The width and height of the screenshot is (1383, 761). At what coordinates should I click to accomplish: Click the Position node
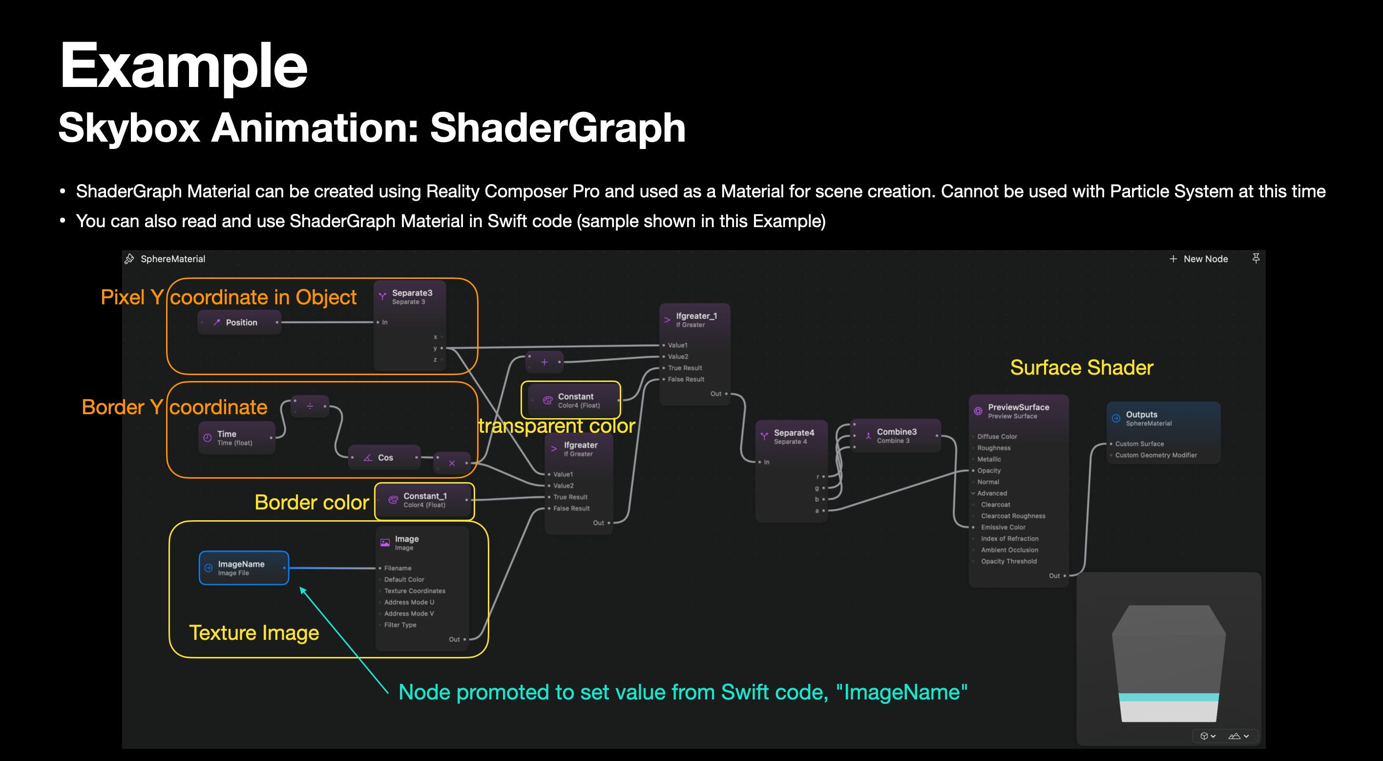[x=239, y=322]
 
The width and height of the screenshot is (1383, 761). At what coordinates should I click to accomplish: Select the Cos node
[x=384, y=458]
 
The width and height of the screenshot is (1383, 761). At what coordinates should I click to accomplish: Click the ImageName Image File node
[x=243, y=568]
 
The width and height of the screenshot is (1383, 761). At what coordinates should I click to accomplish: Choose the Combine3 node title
[x=896, y=432]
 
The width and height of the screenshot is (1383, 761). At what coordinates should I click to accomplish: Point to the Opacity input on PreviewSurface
[x=988, y=470]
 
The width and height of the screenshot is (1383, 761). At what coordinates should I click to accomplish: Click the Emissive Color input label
[x=1003, y=528]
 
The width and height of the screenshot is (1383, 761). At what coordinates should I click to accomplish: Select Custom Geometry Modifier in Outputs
[x=1155, y=455]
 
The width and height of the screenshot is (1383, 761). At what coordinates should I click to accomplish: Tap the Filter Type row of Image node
[x=400, y=625]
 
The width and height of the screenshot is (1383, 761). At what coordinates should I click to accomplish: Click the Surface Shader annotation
[x=1081, y=368]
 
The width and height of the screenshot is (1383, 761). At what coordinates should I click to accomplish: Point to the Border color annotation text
[x=312, y=502]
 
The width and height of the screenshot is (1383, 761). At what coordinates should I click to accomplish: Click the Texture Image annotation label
[x=254, y=633]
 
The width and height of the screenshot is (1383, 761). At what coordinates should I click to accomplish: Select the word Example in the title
[x=183, y=65]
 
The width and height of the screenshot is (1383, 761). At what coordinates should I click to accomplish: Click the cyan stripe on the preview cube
[x=1168, y=697]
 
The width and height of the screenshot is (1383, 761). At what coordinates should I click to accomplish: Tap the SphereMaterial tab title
[x=172, y=259]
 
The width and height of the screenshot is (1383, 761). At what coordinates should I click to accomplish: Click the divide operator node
[x=310, y=406]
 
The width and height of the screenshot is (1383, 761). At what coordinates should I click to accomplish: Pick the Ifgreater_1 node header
[x=696, y=317]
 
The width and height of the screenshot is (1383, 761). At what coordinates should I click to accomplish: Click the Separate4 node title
[x=794, y=433]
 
